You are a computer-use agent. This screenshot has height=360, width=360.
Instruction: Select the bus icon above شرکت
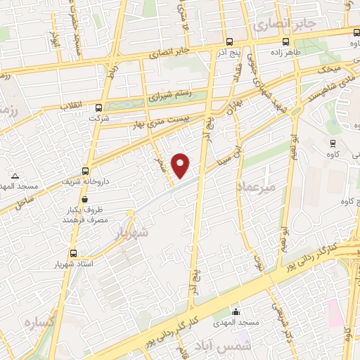(x=99, y=108)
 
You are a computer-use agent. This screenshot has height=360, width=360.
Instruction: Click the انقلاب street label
(x=67, y=105)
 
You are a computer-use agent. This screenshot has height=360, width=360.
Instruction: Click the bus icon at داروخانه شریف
(x=85, y=171)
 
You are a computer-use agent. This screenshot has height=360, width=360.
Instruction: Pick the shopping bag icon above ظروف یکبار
(x=104, y=200)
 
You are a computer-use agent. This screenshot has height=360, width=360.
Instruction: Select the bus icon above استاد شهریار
(x=73, y=253)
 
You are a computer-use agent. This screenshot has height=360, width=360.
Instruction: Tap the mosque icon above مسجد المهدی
(x=236, y=311)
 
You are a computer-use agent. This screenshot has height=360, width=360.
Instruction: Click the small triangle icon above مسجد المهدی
(x=15, y=176)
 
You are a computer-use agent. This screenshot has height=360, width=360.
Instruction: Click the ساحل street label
(x=25, y=203)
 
